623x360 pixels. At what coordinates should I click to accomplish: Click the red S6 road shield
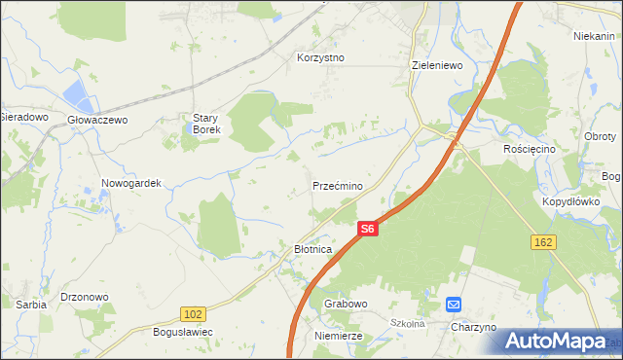pos(366,229)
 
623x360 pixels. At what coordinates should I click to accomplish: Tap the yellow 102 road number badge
pos(193,313)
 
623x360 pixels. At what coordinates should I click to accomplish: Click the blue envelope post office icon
pos(454,305)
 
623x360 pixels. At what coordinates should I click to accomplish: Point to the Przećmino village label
pos(338,185)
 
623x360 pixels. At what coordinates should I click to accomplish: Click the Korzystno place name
pos(321,57)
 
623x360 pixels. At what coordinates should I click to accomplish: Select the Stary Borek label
pos(206,124)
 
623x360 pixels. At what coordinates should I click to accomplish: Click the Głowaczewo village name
pos(97,120)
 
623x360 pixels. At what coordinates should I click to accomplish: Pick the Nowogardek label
pos(130,183)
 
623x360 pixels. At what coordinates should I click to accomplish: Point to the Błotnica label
pos(313,249)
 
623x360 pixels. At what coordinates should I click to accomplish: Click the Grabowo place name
pos(346,304)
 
